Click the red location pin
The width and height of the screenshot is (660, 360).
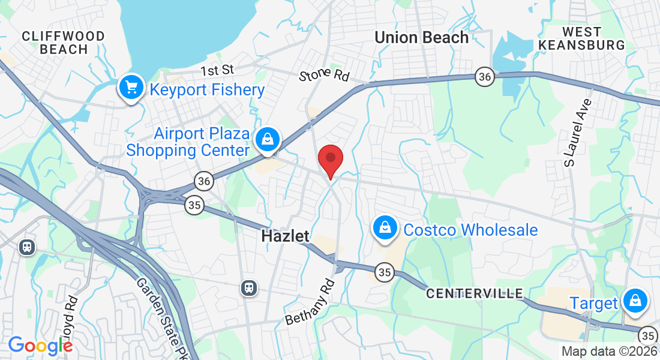pos(330,160)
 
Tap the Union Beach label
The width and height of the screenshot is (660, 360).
pos(421,37)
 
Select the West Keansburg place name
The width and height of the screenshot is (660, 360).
pos(581,38)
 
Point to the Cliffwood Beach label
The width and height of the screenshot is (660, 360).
pos(63,43)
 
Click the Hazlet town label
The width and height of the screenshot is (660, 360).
pos(285,236)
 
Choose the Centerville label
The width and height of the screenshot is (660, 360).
pos(474,293)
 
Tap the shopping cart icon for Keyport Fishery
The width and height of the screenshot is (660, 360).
pos(131,88)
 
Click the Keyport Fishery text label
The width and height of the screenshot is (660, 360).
pos(207,90)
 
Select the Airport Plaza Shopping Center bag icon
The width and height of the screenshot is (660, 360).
pos(268,140)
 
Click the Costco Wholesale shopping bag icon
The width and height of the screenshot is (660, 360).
pos(383,228)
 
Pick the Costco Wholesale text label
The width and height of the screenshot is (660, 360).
pos(470,230)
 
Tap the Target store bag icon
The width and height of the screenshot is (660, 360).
pos(634,301)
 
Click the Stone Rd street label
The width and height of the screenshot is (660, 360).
pos(324,76)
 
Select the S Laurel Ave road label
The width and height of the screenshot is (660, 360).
pos(577,132)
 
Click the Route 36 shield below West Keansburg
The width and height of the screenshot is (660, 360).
pos(484,76)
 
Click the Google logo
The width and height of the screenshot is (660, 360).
pos(40,345)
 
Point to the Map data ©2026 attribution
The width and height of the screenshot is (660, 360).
pos(608,352)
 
